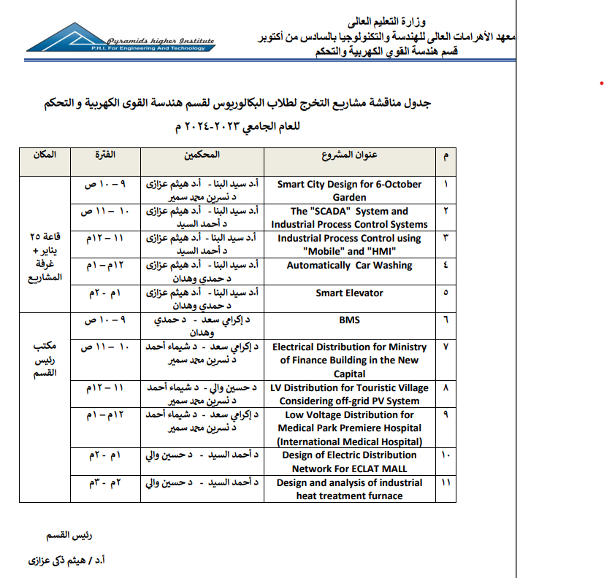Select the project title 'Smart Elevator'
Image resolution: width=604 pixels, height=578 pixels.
pos(349,293)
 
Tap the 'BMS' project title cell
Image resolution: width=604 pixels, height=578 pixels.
pos(349,320)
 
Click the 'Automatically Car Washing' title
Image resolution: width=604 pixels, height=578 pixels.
pos(349,266)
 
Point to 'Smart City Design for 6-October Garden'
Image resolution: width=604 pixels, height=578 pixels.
pos(349,190)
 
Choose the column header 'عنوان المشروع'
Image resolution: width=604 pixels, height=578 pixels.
pos(349,156)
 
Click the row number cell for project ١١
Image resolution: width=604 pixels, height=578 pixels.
pos(446,483)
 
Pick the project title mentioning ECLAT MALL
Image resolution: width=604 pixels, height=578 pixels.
pos(349,462)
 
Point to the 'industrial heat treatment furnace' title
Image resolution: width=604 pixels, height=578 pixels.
pos(349,489)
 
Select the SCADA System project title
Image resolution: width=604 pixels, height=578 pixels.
pos(349,217)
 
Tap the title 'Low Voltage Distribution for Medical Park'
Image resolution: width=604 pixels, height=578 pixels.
pos(349,428)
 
